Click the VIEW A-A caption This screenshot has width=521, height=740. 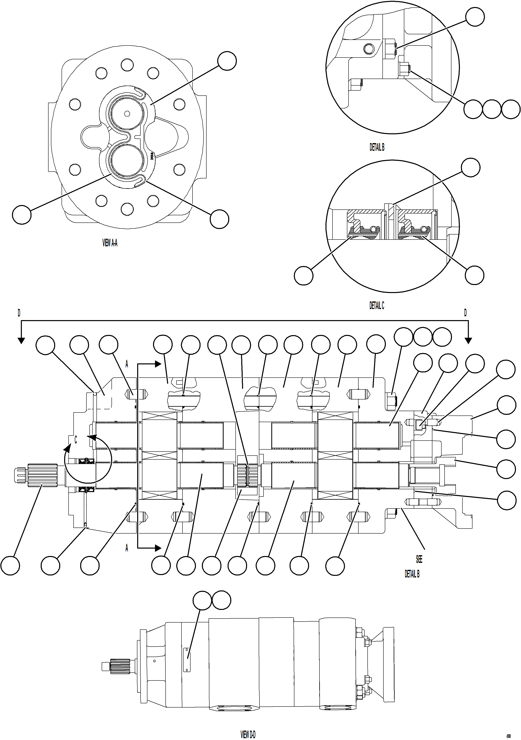[x=110, y=243]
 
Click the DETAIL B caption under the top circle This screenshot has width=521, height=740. [x=377, y=147]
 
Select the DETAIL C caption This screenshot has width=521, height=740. [x=377, y=305]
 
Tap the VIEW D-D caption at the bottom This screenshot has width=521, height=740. [x=248, y=734]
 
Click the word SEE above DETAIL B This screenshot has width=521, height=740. [x=419, y=559]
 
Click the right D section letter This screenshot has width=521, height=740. [x=465, y=313]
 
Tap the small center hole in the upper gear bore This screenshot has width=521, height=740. [x=127, y=113]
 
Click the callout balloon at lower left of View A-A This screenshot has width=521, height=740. [x=22, y=215]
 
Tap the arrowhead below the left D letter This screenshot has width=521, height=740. [x=21, y=341]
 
